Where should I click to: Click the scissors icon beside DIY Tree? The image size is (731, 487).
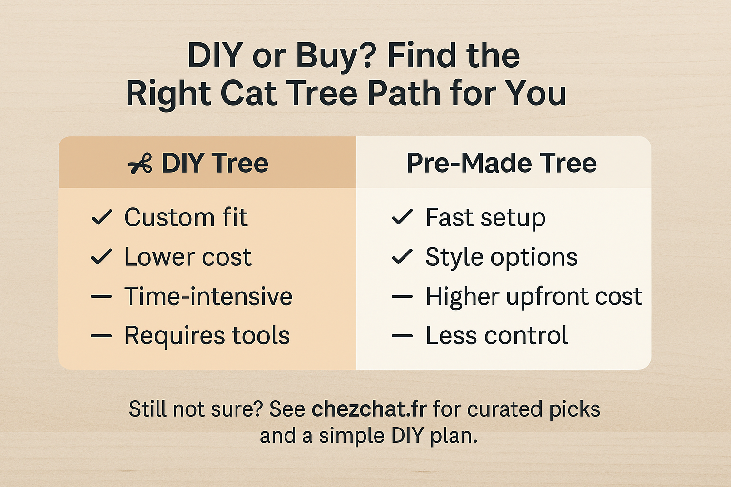(x=140, y=163)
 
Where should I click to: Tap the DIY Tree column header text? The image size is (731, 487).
(x=215, y=163)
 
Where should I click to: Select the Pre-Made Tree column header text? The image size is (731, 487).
(x=502, y=163)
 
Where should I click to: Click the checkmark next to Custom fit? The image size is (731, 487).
(x=102, y=217)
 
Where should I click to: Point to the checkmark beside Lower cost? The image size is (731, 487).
(x=102, y=257)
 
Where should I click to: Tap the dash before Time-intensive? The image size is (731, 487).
(x=101, y=296)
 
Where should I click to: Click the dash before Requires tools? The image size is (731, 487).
(x=101, y=336)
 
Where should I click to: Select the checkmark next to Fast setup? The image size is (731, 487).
(x=402, y=217)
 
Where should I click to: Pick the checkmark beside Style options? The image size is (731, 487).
(x=402, y=256)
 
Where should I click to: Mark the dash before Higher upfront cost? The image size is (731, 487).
(x=402, y=296)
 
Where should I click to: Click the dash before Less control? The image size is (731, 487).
(x=402, y=336)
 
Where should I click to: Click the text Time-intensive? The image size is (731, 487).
(x=208, y=296)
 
